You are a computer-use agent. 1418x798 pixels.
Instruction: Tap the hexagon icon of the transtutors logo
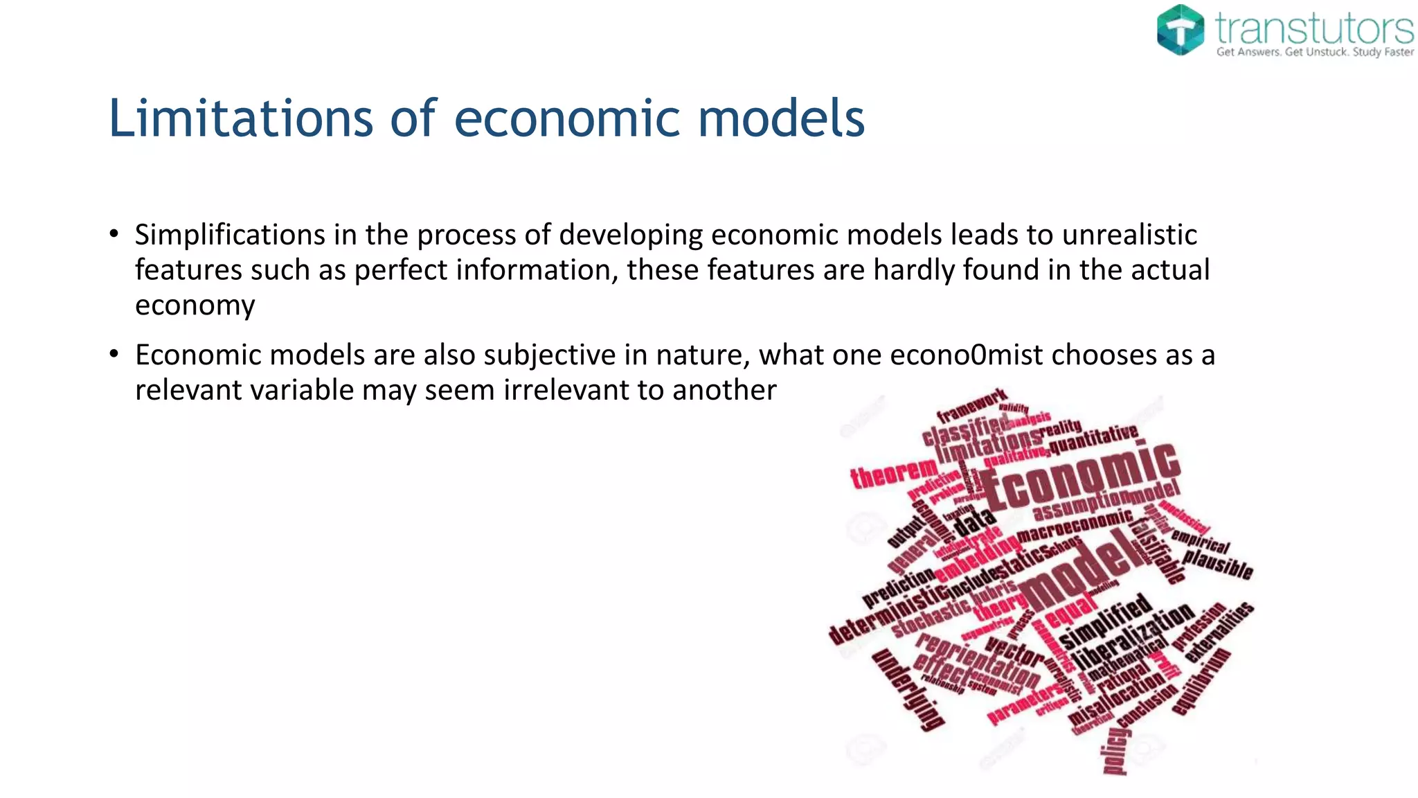(1181, 29)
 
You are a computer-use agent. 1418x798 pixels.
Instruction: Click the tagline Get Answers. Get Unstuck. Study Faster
(1315, 52)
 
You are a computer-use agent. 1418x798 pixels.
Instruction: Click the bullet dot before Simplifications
(114, 234)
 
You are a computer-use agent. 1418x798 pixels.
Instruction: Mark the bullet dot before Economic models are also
(114, 355)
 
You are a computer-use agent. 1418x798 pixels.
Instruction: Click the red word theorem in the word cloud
(894, 475)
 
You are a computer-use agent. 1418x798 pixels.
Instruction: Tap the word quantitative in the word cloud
(1094, 438)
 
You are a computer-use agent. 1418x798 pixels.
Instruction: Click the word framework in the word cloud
(971, 406)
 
